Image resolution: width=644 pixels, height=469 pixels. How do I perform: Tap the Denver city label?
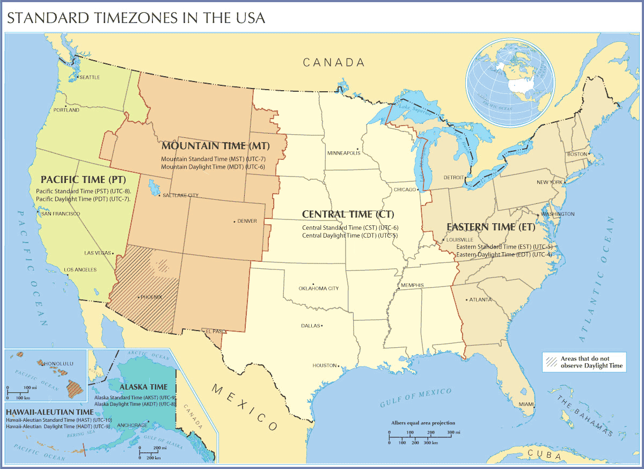[x=247, y=221]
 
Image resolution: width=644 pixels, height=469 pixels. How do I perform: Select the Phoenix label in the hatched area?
[x=151, y=297]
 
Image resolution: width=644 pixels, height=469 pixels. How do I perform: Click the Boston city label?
[x=577, y=155]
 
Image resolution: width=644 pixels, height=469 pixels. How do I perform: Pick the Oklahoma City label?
[x=318, y=289]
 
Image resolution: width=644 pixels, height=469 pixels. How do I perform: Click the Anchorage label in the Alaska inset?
[x=132, y=426]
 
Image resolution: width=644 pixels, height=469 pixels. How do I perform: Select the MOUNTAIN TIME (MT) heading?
[x=215, y=146]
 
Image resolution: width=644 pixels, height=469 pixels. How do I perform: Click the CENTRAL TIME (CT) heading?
[x=348, y=214]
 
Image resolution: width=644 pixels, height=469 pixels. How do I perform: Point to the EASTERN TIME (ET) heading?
[x=491, y=227]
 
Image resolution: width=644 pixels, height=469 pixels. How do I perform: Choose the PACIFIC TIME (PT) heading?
[x=83, y=179]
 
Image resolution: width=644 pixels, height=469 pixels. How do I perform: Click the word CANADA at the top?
[x=334, y=63]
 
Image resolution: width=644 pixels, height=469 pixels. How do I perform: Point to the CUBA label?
[x=544, y=455]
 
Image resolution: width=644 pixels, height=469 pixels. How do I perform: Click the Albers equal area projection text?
[x=423, y=423]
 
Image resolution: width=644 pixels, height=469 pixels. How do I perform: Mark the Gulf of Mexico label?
[x=415, y=397]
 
